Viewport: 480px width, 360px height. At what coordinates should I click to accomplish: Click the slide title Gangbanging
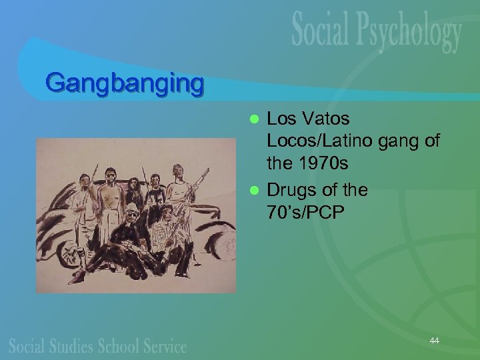pyautogui.click(x=125, y=83)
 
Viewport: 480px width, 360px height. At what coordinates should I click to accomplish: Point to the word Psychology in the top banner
pyautogui.click(x=413, y=33)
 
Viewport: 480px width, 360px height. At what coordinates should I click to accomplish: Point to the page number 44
pyautogui.click(x=434, y=341)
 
